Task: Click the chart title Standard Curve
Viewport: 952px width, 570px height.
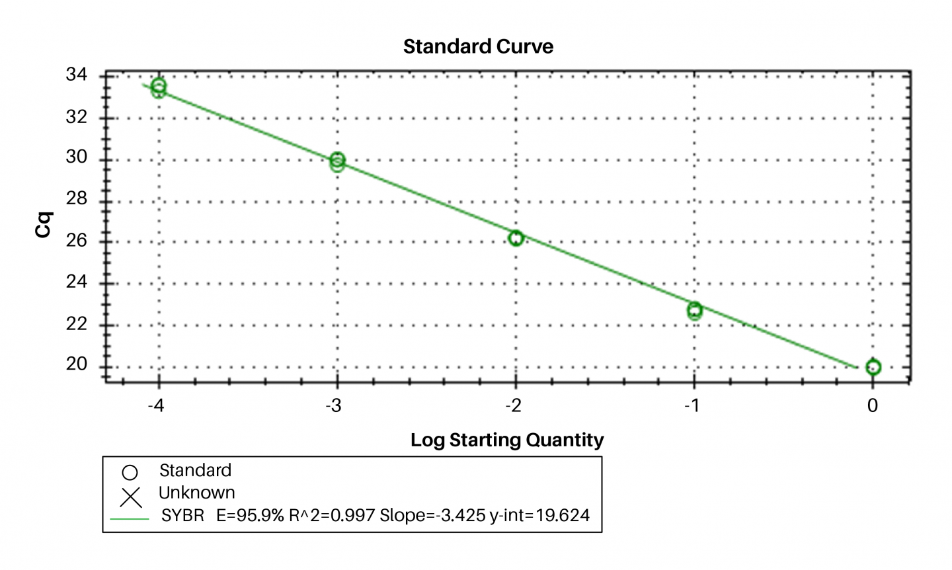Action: [478, 47]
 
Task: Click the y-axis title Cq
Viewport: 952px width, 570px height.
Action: [44, 225]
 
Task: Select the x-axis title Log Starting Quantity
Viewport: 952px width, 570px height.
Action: [507, 440]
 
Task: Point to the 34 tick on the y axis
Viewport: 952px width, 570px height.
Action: [77, 75]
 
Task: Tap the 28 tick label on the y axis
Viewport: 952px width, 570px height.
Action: [77, 198]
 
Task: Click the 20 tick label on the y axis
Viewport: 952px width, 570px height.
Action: [77, 364]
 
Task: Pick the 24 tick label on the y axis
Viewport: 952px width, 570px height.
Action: [77, 282]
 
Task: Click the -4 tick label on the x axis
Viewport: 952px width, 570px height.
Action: [156, 405]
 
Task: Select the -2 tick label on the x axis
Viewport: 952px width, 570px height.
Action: [514, 405]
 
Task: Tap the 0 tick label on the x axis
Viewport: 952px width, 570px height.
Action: [873, 405]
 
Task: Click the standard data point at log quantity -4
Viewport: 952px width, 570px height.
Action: [158, 87]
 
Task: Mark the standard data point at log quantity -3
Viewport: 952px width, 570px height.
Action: [337, 161]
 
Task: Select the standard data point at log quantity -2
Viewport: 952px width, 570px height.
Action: [516, 238]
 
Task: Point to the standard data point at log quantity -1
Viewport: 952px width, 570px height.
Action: [694, 310]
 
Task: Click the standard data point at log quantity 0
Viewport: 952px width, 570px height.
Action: [873, 367]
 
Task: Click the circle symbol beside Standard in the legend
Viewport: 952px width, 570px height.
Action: [130, 472]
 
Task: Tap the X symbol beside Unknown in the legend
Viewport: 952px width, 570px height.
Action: [131, 497]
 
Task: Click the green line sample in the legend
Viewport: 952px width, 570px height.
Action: [130, 519]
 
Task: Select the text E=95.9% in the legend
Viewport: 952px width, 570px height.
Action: [250, 516]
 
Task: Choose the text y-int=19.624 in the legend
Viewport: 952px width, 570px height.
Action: [539, 516]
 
